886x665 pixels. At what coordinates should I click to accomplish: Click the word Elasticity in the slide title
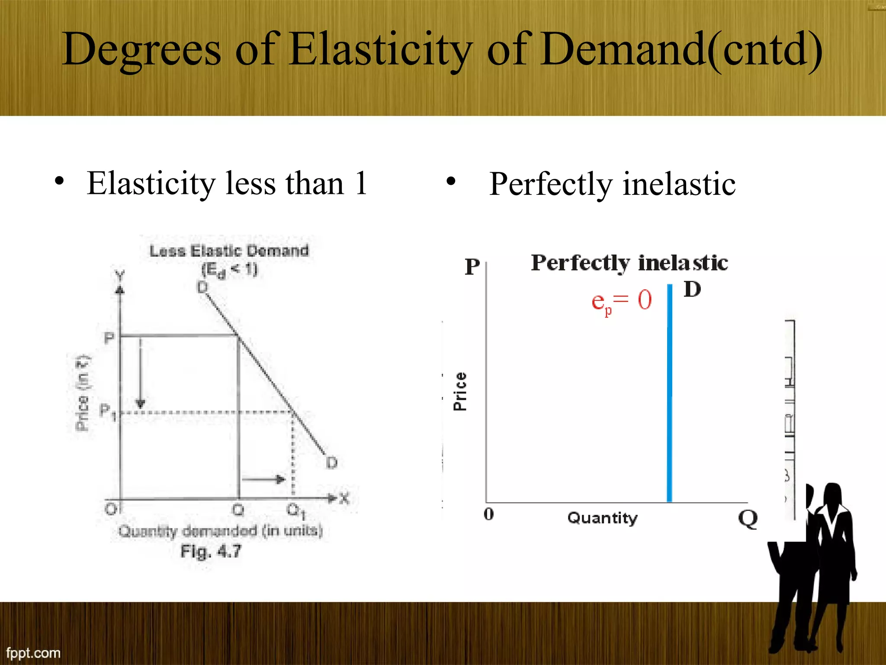[x=381, y=50]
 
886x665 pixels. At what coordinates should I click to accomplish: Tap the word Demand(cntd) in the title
[x=681, y=50]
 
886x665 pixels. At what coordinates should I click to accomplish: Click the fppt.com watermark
[x=33, y=652]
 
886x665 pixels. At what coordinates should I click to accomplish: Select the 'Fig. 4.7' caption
[x=211, y=552]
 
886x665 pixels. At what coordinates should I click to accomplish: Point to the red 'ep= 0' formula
[x=621, y=301]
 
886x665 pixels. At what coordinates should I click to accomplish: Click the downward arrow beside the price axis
[x=140, y=372]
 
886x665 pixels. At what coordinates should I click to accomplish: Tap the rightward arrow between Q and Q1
[x=263, y=479]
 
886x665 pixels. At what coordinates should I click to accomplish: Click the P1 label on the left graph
[x=107, y=411]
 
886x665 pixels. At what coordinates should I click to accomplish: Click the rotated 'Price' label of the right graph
[x=460, y=391]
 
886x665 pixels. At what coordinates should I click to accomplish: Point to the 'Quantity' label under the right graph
[x=602, y=518]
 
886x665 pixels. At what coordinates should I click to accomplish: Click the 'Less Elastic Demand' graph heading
[x=229, y=251]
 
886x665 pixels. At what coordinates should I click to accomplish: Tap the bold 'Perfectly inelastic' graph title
[x=629, y=263]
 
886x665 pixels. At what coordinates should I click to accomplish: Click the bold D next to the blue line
[x=692, y=289]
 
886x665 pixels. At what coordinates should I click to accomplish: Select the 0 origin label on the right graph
[x=489, y=514]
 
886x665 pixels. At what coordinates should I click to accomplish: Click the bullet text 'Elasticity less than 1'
[x=227, y=183]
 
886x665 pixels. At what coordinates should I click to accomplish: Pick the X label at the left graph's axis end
[x=344, y=499]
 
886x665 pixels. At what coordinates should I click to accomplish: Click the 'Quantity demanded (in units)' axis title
[x=221, y=531]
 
